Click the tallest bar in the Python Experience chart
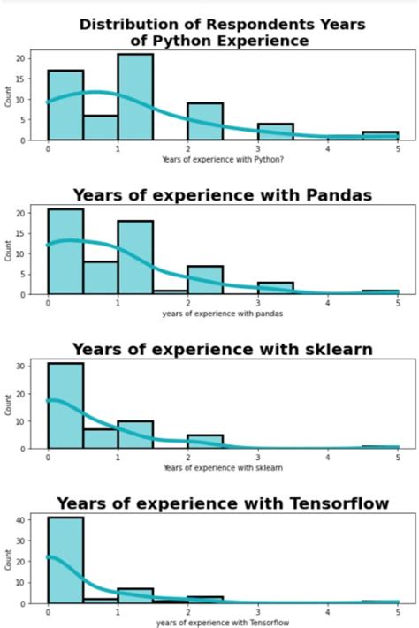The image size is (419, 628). click(x=135, y=97)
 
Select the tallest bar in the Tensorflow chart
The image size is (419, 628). click(x=65, y=561)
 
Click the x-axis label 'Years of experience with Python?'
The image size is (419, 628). click(x=223, y=158)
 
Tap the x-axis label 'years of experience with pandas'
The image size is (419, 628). click(x=223, y=314)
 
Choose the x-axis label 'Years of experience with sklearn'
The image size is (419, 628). click(x=223, y=467)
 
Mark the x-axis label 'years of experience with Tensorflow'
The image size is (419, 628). click(x=223, y=623)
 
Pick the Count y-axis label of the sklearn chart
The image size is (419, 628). click(x=11, y=405)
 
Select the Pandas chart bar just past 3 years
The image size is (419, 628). click(x=275, y=288)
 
